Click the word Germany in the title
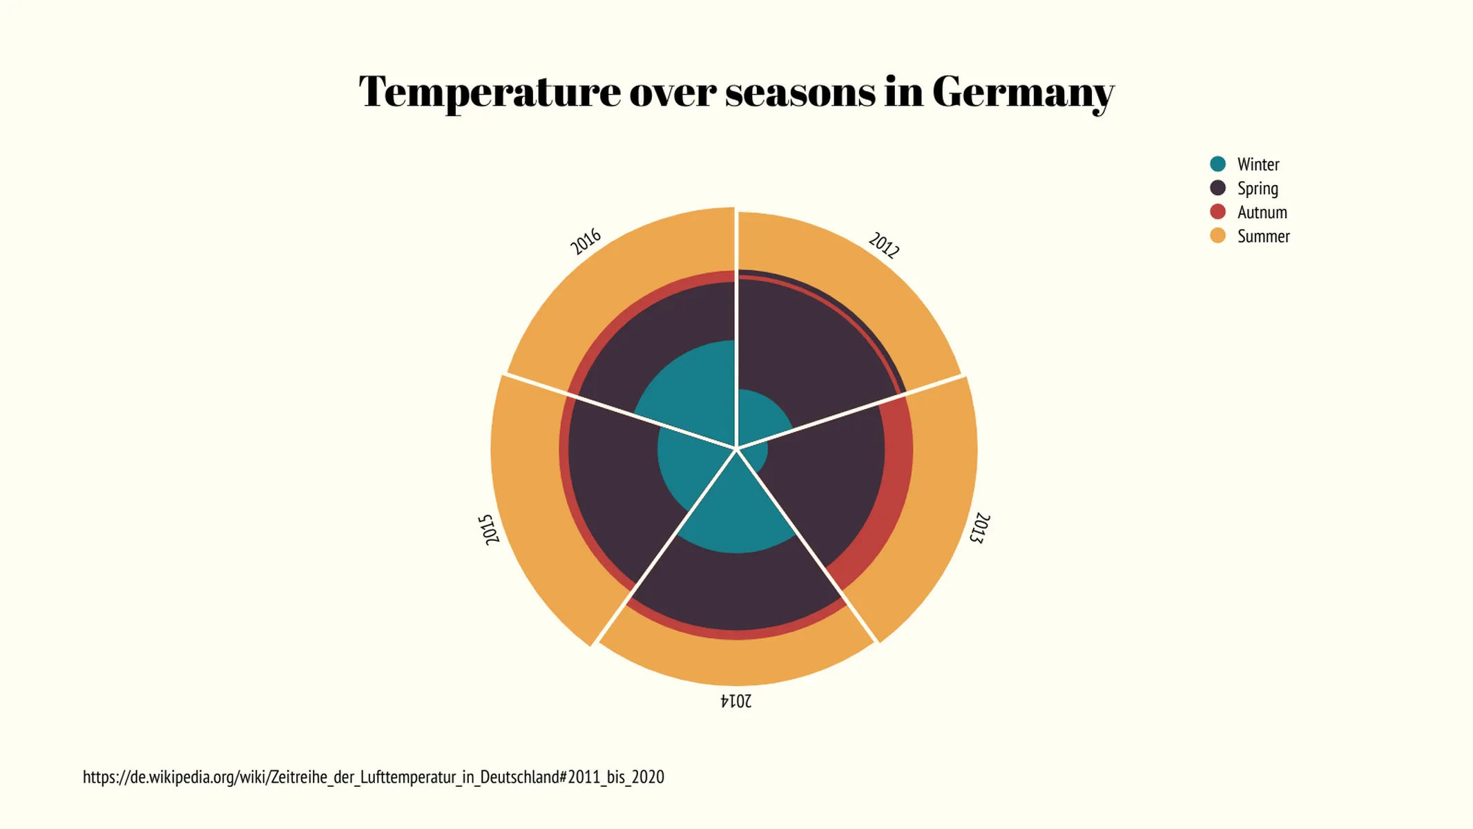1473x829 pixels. (1022, 92)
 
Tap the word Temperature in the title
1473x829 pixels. (490, 92)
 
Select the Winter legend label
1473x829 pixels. (1258, 164)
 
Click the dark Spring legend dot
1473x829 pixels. (1217, 188)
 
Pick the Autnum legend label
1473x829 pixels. (1262, 212)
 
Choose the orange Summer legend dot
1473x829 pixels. (1217, 236)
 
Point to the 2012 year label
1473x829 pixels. (884, 245)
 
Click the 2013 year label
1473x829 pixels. (979, 528)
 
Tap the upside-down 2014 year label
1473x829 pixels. (736, 701)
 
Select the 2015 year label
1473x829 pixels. (488, 530)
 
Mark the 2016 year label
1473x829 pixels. (586, 242)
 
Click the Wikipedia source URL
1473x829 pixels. (373, 777)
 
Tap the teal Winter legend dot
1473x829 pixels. (1217, 164)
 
